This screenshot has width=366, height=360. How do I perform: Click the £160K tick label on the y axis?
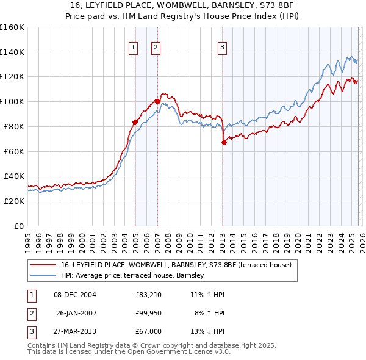pos(12,27)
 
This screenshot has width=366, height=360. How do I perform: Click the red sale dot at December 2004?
pos(135,122)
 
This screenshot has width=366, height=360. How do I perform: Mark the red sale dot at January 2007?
pos(157,101)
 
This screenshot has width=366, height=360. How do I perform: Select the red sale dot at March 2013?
pos(224,142)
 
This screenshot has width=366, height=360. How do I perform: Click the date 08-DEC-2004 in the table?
pos(75,295)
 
